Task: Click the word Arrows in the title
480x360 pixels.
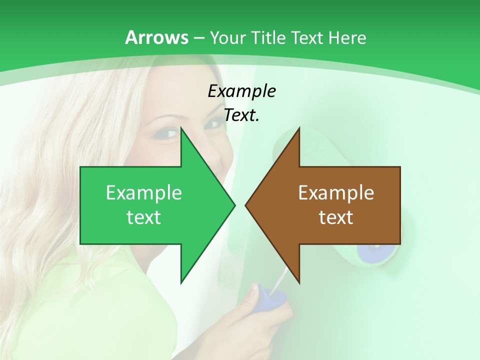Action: (x=156, y=37)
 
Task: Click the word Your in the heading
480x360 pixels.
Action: (x=228, y=37)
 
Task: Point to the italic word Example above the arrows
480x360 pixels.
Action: (x=241, y=91)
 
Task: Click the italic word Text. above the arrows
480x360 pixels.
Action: (x=241, y=115)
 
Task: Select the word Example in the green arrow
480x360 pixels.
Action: (x=144, y=192)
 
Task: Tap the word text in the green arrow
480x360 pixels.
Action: (x=144, y=217)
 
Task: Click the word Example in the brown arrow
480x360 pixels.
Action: (x=336, y=192)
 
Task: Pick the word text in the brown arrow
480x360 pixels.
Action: (x=336, y=217)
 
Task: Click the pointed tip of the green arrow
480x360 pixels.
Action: (x=234, y=205)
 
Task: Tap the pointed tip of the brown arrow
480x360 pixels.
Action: (x=246, y=205)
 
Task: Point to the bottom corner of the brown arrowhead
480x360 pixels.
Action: (x=299, y=282)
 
